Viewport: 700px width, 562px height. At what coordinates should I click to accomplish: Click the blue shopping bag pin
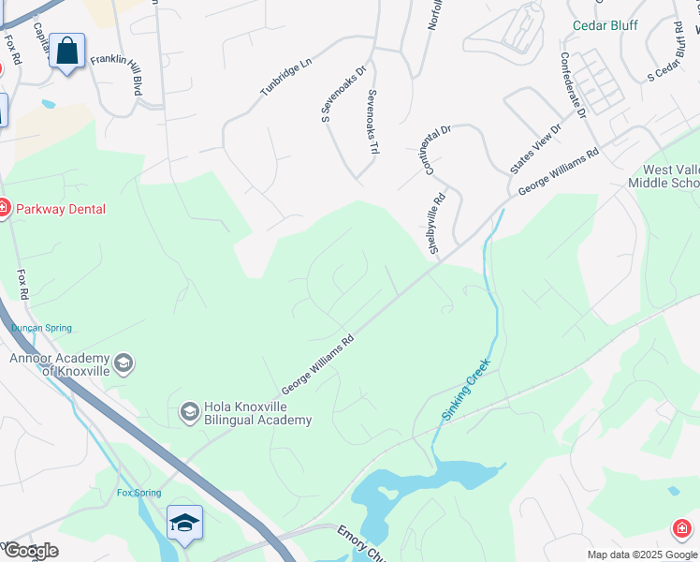[x=67, y=51]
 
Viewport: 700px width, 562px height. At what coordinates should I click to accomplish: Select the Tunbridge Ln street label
[x=285, y=75]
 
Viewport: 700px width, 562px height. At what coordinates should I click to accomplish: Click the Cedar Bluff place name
[x=605, y=25]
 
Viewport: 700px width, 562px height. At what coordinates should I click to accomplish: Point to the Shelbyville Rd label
[x=435, y=221]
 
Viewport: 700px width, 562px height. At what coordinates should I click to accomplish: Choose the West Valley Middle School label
[x=669, y=177]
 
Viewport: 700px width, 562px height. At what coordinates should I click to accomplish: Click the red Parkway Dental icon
[x=3, y=209]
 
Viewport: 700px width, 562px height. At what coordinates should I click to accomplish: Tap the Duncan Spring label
[x=41, y=328]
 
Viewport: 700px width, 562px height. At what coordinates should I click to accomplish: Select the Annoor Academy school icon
[x=123, y=362]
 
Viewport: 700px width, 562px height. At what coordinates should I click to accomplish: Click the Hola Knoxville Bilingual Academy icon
[x=189, y=411]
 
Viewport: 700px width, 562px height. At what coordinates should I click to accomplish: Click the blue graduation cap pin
[x=184, y=523]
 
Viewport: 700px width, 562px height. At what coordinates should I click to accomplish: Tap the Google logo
[x=30, y=551]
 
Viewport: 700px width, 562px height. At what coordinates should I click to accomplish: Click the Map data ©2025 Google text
[x=641, y=555]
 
